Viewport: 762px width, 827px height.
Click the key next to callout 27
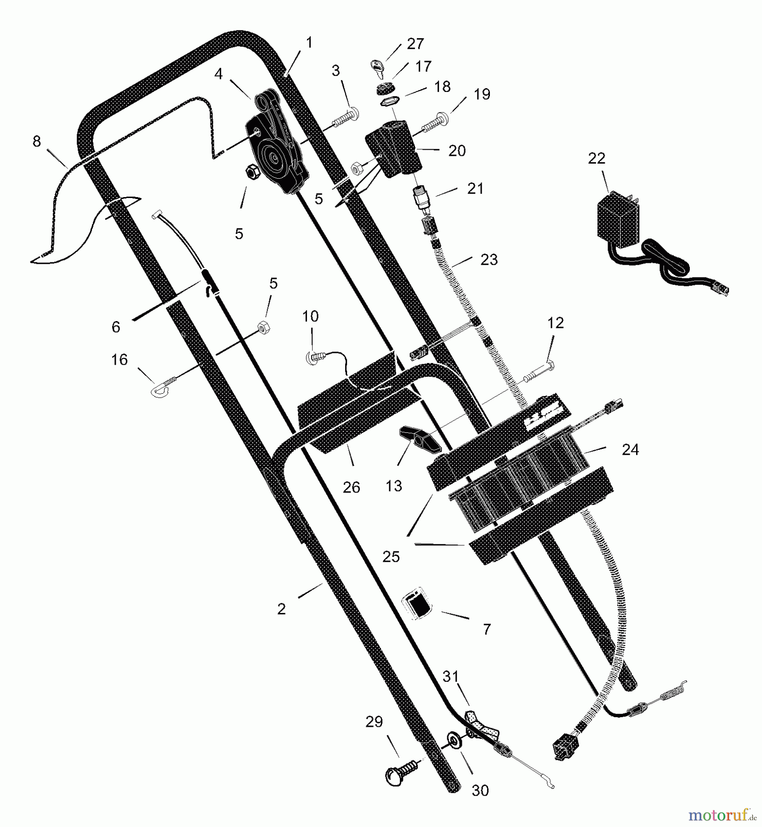(377, 68)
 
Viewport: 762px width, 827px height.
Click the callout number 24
(630, 449)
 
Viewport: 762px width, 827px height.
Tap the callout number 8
(37, 142)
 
